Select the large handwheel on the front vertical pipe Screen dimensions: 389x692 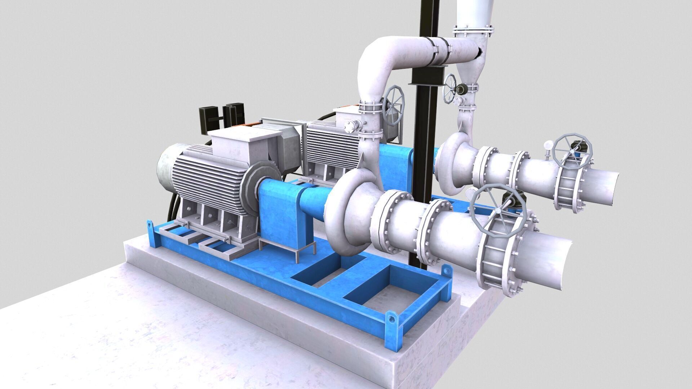tap(394, 104)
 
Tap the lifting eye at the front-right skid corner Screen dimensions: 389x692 tap(392, 319)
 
